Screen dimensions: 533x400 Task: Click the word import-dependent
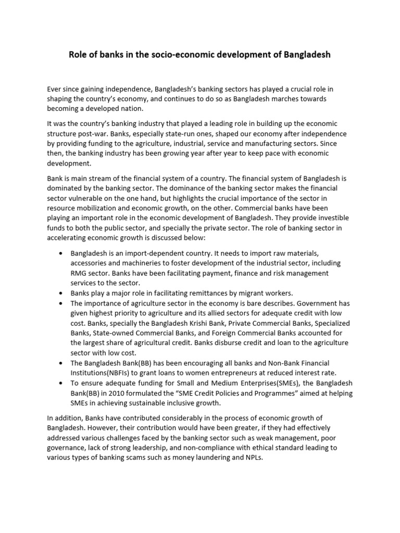[x=147, y=253]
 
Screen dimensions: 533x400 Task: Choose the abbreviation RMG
[x=79, y=273]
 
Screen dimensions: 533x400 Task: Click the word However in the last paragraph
[x=81, y=428]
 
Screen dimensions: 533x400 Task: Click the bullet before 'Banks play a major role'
[x=60, y=293]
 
